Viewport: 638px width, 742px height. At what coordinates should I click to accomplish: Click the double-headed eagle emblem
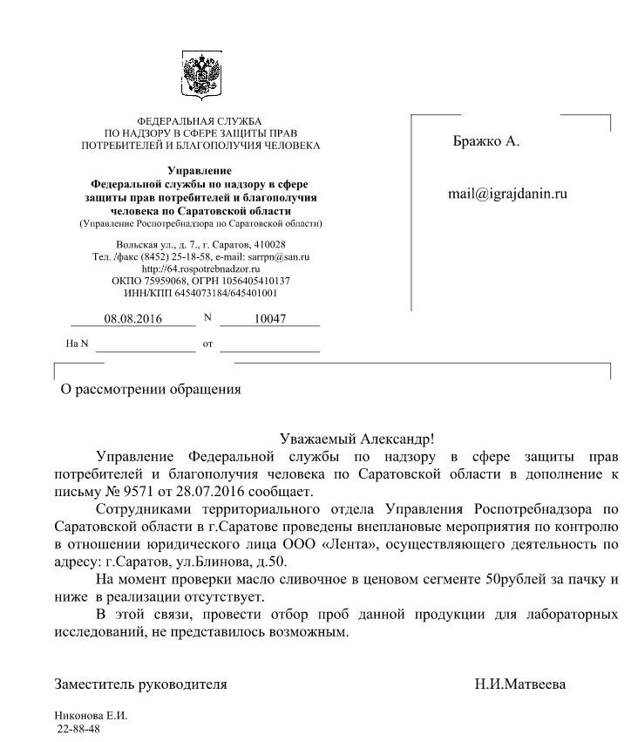[x=200, y=74]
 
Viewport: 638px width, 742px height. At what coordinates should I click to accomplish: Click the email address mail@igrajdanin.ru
[x=507, y=194]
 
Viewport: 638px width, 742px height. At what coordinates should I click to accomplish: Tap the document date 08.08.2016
[x=133, y=319]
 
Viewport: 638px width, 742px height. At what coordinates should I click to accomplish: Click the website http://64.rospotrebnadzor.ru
[x=200, y=269]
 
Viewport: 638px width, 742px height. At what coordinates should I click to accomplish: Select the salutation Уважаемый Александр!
[x=356, y=439]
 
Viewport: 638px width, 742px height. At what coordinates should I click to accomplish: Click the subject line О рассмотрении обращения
[x=149, y=390]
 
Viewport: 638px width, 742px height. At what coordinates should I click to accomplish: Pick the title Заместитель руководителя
[x=140, y=684]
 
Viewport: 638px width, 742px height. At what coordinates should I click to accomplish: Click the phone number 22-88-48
[x=78, y=728]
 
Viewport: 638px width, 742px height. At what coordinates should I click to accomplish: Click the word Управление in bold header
[x=200, y=171]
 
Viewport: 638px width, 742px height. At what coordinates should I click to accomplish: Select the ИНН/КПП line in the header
[x=200, y=294]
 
